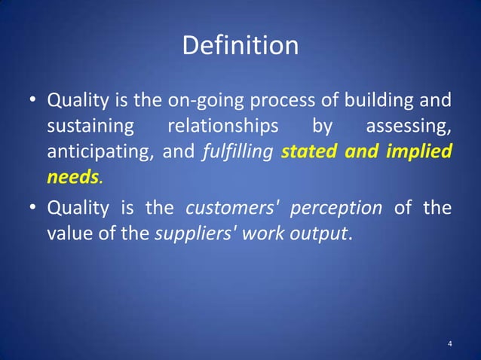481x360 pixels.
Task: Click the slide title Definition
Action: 240,47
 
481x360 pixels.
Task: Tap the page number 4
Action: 450,344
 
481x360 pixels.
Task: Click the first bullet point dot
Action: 32,100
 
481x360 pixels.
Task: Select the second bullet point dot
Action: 32,207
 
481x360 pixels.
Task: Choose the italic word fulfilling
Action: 237,151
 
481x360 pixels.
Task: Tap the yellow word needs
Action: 72,178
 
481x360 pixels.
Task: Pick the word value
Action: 68,233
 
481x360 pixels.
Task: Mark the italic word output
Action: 318,233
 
